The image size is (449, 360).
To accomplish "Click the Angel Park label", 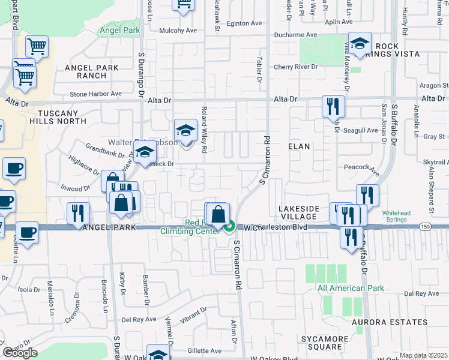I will pos(120,30).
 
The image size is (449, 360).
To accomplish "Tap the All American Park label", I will pos(351,289).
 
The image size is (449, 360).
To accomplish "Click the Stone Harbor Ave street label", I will pos(95,94).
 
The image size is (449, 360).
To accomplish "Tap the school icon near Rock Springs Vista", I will pos(360,44).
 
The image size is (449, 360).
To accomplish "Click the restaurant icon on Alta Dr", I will pos(333,107).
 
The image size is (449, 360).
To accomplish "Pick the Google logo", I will pos(20,353).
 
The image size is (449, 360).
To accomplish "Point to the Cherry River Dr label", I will pos(295,67).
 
